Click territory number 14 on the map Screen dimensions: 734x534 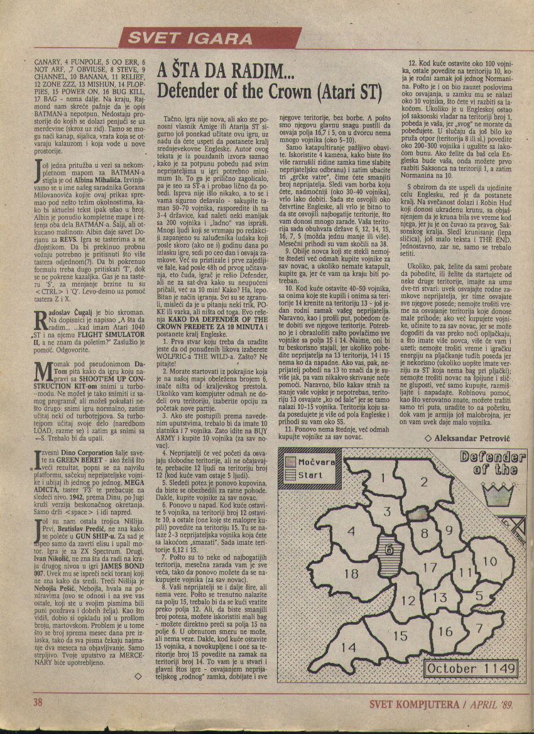point(349,647)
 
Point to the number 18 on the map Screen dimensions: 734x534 point(351,573)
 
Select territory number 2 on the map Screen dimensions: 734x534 point(424,483)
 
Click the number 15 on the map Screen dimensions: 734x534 point(400,636)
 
